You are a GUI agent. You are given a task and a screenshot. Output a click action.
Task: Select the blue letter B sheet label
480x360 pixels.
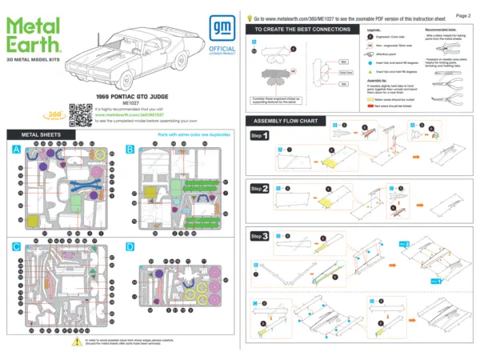pos(130,150)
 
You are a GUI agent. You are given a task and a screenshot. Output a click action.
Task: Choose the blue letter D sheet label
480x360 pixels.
pos(130,247)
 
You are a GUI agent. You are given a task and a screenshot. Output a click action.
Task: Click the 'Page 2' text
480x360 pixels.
pos(462,14)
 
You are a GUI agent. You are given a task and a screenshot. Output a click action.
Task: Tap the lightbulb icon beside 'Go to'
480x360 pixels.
pos(250,16)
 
